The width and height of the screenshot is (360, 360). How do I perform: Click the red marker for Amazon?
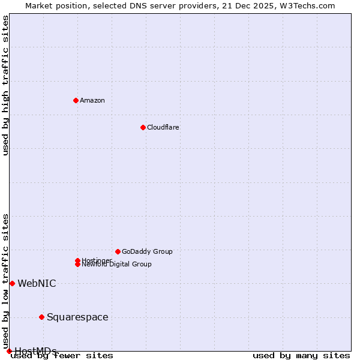(x=76, y=100)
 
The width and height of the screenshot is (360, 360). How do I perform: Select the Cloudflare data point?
(x=143, y=127)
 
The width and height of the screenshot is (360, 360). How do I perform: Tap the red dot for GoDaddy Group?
(x=118, y=251)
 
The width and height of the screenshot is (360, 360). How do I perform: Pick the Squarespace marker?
(x=41, y=317)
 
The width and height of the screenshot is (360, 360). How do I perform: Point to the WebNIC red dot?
(x=12, y=283)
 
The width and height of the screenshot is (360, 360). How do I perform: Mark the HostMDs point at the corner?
(x=9, y=351)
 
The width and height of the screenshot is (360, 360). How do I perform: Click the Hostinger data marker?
(x=77, y=260)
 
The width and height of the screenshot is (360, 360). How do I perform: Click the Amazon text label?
(x=92, y=100)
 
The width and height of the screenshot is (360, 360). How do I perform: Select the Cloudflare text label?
(x=163, y=127)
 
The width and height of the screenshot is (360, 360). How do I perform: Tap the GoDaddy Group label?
(x=147, y=251)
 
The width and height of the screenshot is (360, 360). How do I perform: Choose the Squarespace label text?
(x=77, y=317)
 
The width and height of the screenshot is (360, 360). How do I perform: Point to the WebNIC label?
(x=37, y=283)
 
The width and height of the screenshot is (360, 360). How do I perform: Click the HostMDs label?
(x=35, y=351)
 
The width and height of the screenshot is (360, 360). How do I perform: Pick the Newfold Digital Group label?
(x=116, y=265)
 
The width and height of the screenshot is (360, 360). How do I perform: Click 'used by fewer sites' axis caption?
(x=62, y=356)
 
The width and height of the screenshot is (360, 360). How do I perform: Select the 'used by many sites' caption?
(x=301, y=356)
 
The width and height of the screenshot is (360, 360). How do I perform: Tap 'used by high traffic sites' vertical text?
(x=6, y=85)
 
